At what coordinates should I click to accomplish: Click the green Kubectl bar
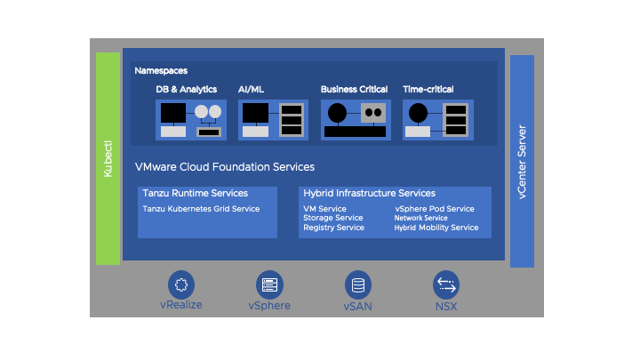pos(108,158)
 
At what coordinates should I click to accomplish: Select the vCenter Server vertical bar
pos(522,161)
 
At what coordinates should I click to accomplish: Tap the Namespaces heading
pos(161,70)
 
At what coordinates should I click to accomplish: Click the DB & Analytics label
pos(187,90)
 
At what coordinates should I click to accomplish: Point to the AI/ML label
pos(252,90)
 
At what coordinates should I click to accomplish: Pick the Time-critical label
pos(428,90)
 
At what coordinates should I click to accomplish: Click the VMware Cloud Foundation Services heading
pos(224,167)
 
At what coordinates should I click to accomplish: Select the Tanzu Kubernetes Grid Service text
pos(201,209)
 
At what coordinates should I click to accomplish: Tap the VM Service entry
pos(324,209)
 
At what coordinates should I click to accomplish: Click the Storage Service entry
pos(332,218)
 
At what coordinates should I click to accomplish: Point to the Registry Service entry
pos(333,228)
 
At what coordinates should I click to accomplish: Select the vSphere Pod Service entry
pos(435,209)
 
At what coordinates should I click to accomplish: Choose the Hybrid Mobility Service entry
pos(436,228)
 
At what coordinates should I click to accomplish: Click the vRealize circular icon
pos(181,284)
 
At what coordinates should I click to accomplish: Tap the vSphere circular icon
pos(269,284)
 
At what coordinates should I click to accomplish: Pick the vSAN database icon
pos(358,284)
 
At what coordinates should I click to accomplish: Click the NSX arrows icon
pos(446,284)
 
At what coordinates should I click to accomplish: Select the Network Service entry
pos(421,218)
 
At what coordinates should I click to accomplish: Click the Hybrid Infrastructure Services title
pos(369,193)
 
